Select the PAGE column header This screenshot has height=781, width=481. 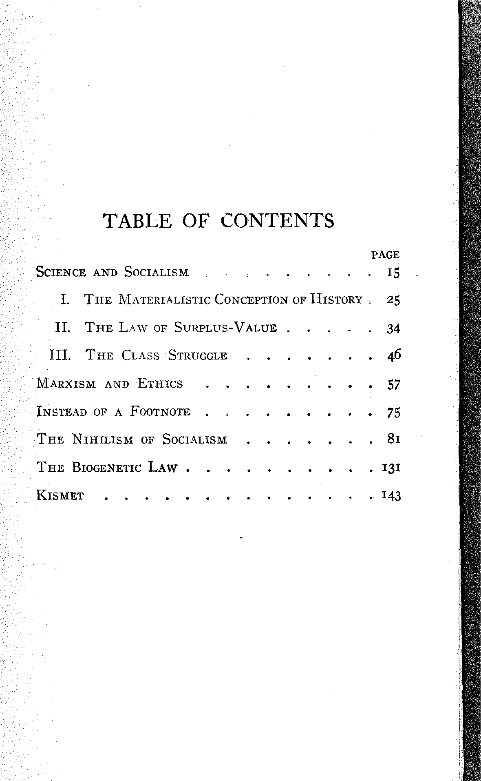click(x=385, y=255)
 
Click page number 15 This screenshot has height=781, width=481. click(x=393, y=273)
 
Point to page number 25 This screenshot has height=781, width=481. click(x=393, y=301)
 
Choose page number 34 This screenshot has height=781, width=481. click(x=393, y=328)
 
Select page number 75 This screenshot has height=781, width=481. click(x=393, y=413)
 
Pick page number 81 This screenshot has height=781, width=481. click(x=393, y=439)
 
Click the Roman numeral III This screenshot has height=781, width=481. click(x=60, y=355)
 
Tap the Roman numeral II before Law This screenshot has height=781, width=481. click(x=63, y=328)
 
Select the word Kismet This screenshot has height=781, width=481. click(x=60, y=496)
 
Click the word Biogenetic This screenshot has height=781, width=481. click(x=107, y=467)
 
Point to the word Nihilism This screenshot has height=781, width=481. click(x=102, y=440)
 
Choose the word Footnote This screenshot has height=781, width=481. click(x=160, y=412)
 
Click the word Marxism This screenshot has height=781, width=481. click(x=66, y=384)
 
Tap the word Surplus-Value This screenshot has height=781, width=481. click(x=225, y=328)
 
